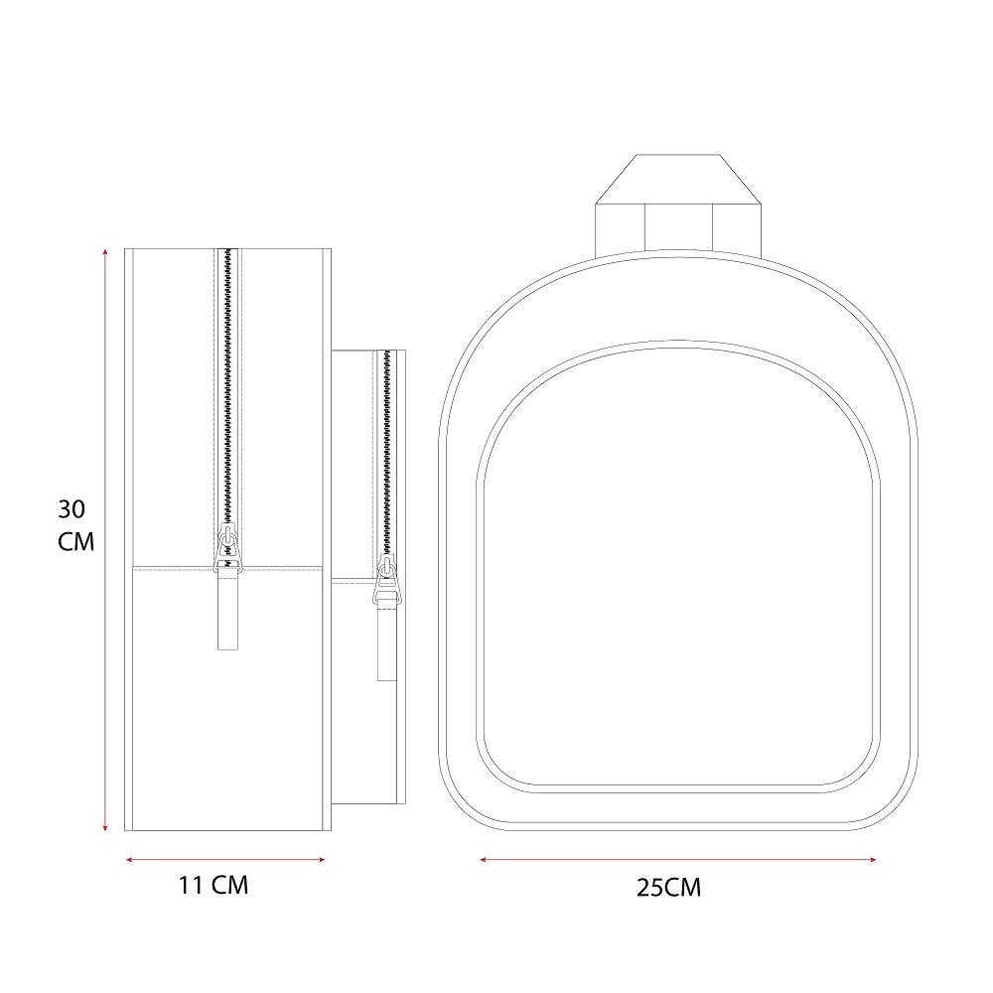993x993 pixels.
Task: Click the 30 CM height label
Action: click(x=76, y=525)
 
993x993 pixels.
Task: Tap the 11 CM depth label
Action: click(x=213, y=885)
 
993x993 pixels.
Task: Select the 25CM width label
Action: click(x=668, y=887)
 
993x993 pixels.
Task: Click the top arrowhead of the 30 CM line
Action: click(x=105, y=252)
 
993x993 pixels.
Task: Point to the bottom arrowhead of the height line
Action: click(x=105, y=827)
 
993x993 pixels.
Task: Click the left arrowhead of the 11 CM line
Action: click(x=130, y=859)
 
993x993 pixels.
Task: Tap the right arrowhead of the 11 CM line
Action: click(x=322, y=859)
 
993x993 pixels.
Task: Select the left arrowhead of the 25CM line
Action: click(x=484, y=859)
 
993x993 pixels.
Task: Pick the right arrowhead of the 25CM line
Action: click(x=873, y=859)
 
